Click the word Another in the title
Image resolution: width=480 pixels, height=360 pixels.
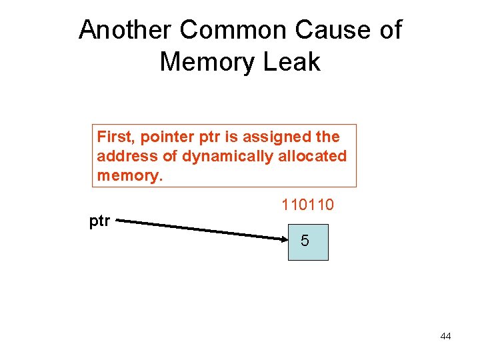[125, 30]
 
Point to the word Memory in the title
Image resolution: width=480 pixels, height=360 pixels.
[207, 62]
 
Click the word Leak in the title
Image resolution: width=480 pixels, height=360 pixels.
[293, 62]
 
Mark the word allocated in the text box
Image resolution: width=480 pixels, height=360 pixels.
[309, 156]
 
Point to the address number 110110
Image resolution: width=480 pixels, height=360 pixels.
[307, 205]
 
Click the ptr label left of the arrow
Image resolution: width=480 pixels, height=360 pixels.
[100, 221]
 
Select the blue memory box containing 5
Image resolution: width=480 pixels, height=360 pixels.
[308, 241]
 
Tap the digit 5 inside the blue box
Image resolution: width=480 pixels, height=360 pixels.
[305, 241]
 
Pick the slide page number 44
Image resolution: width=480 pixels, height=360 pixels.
[445, 336]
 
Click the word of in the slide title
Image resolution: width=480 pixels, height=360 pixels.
[389, 30]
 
